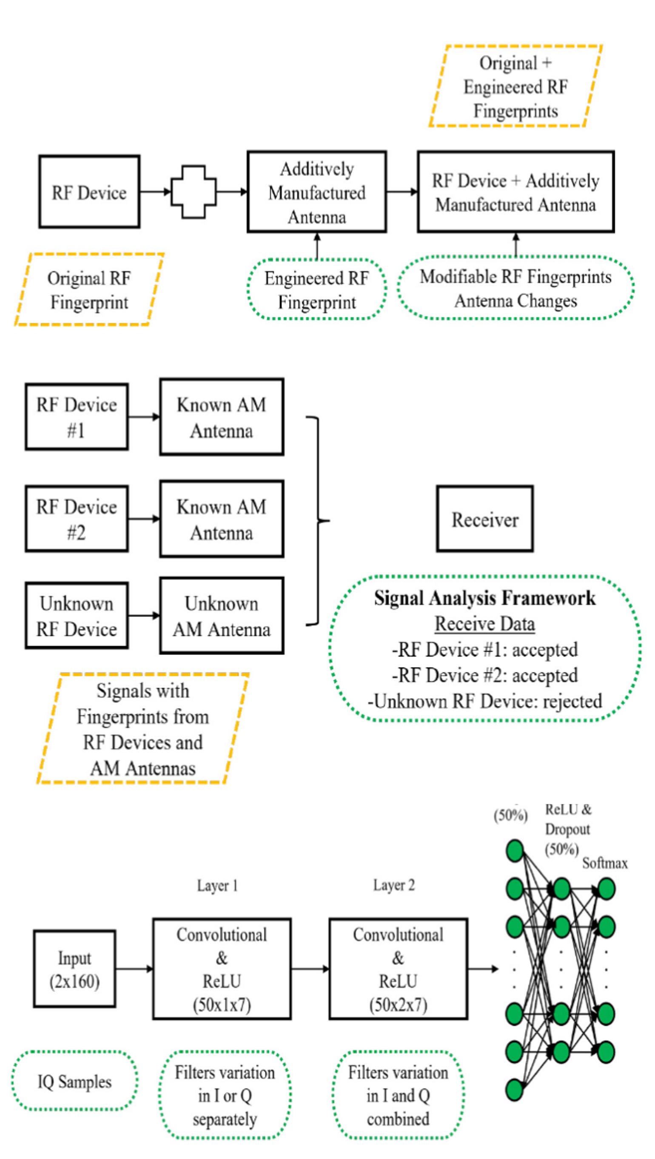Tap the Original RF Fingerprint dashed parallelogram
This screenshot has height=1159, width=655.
coord(89,290)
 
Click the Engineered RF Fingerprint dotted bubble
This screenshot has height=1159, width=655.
coord(317,290)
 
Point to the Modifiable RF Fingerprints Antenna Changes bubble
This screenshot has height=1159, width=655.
coord(515,288)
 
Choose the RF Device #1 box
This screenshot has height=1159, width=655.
coord(77,417)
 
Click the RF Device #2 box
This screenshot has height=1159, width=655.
coord(77,519)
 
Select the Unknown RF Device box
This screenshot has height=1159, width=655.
coord(77,616)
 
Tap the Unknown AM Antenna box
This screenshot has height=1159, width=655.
coord(221,616)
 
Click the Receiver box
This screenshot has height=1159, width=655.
coord(485,519)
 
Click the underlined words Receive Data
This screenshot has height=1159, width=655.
coord(485,624)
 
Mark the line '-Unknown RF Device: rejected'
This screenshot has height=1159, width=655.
coord(485,701)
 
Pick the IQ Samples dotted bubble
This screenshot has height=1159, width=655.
coord(74,1081)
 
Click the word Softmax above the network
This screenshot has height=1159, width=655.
coord(605,863)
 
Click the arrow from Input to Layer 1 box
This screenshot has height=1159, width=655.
coord(134,969)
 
